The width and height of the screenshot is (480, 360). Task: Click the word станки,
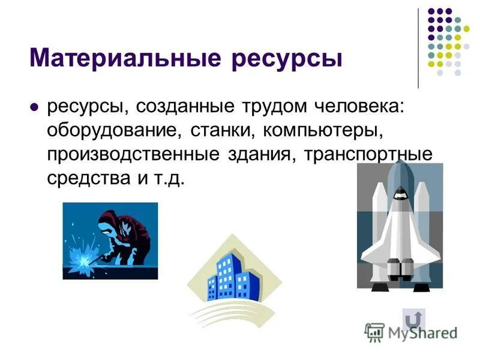click(x=221, y=131)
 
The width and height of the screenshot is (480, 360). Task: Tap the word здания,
click(x=265, y=155)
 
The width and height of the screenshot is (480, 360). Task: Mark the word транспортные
click(x=369, y=155)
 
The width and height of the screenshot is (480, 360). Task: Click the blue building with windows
click(x=230, y=277)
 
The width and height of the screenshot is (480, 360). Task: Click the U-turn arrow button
click(x=413, y=319)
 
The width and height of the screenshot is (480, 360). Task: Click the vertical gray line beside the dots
click(x=418, y=48)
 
